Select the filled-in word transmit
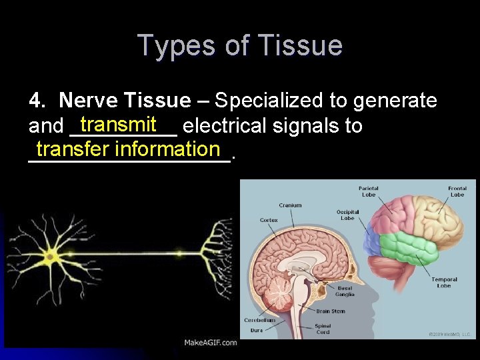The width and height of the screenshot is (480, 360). (118, 124)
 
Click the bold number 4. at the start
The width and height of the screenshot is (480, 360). (39, 101)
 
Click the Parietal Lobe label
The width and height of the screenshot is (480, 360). (369, 191)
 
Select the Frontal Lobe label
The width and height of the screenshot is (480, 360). (457, 191)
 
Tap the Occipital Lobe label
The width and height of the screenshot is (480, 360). (347, 215)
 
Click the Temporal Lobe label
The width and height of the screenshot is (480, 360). (444, 282)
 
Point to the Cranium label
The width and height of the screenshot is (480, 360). (290, 205)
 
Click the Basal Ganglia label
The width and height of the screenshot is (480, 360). (345, 291)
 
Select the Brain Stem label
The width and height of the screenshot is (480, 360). (331, 311)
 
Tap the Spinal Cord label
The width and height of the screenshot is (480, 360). (323, 329)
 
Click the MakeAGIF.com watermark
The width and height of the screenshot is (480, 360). (211, 343)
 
